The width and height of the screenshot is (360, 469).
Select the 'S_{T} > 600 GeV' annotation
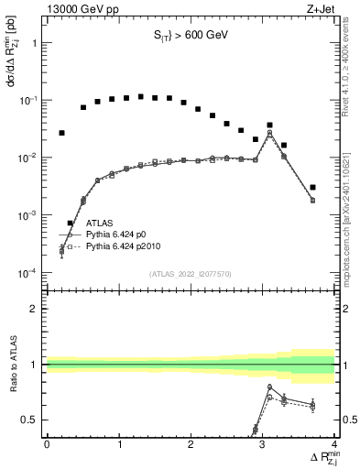click(190, 37)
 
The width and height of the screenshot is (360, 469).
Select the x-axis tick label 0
click(47, 444)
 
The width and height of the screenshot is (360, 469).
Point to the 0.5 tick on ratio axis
click(32, 420)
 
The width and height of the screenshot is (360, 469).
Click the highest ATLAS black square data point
click(141, 96)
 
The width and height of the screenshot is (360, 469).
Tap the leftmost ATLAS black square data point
click(61, 133)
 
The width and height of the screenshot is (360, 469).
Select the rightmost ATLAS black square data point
click(313, 187)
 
